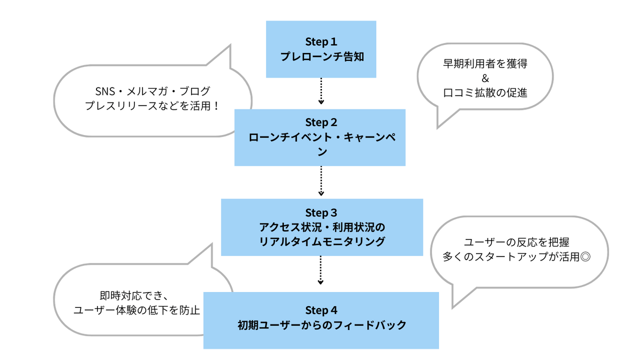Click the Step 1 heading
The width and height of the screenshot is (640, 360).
tap(321, 41)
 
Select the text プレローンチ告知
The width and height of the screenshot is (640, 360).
tap(321, 56)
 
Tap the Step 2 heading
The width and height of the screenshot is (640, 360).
tap(321, 122)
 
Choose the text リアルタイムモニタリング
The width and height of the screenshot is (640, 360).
tap(321, 241)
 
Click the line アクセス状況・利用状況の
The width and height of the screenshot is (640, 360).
tap(321, 226)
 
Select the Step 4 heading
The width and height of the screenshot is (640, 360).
tap(321, 310)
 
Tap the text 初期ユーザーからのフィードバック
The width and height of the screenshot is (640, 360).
tap(321, 325)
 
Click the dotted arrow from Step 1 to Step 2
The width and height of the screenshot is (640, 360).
tap(321, 91)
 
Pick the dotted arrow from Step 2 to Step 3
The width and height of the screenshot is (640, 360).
tap(321, 181)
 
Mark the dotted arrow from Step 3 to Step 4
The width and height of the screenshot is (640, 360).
tap(321, 271)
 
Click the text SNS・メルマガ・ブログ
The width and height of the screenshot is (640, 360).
tap(152, 91)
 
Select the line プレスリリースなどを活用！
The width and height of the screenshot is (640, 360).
tap(152, 106)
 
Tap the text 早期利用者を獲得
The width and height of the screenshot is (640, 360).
tap(485, 64)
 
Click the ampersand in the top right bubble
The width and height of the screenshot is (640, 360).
tap(484, 78)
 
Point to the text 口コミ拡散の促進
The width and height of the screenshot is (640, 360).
tap(485, 92)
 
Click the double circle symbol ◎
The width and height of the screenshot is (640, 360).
tap(587, 257)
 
